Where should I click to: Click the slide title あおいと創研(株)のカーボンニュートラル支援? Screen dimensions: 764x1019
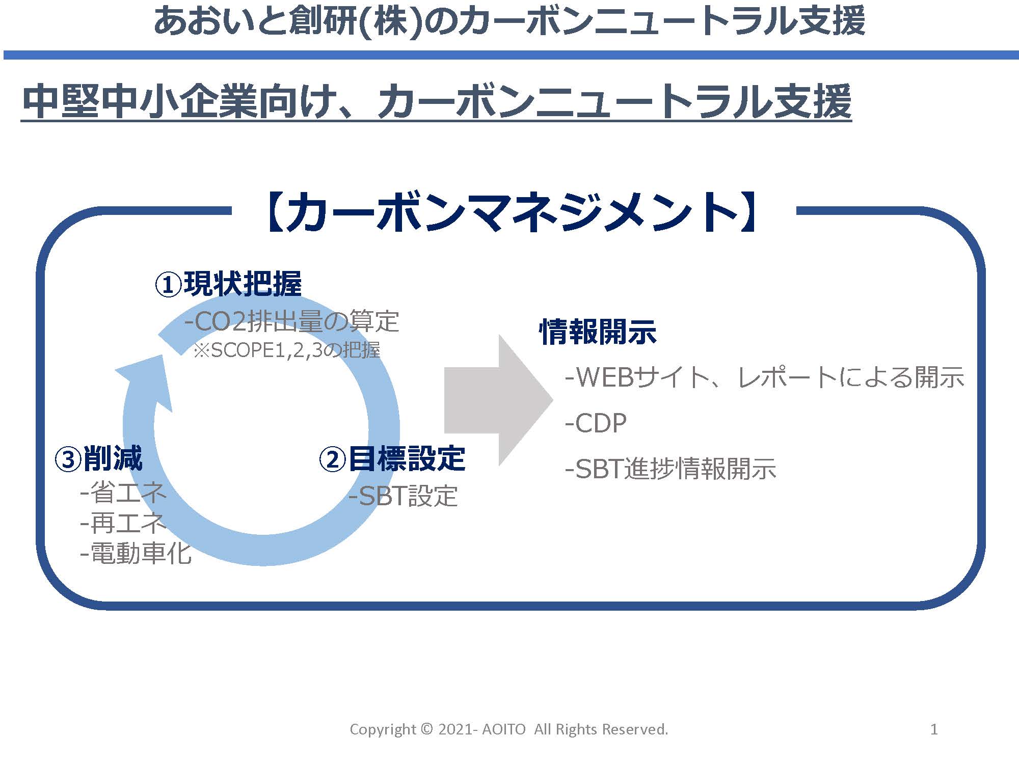pos(509,21)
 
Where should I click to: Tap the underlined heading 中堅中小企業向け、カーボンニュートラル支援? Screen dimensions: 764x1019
pos(436,102)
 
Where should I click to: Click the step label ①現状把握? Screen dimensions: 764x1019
pos(228,284)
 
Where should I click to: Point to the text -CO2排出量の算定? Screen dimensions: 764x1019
pos(291,321)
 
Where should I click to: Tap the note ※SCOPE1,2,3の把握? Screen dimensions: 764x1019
pos(286,350)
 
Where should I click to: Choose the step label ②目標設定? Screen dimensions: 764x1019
pos(392,458)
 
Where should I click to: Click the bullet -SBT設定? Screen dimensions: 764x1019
pos(403,496)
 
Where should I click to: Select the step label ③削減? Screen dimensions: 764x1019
pos(98,458)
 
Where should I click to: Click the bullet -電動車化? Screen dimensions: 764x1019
pos(136,554)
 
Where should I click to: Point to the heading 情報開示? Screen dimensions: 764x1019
pos(598,332)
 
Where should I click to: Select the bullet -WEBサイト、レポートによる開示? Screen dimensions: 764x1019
pos(764,377)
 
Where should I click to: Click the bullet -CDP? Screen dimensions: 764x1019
pos(596,423)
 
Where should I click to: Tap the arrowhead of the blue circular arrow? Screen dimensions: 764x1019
pos(148,379)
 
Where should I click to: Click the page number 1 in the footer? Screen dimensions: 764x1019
pos(934,729)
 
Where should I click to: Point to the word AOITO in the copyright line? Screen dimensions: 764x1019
pos(503,729)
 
